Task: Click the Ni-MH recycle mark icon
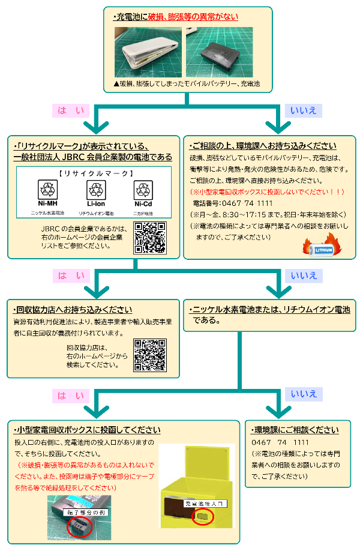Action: click(47, 191)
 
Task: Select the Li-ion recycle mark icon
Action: click(96, 191)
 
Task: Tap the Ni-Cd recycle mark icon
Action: click(143, 191)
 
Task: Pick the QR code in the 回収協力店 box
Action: click(149, 355)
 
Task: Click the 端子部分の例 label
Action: click(84, 513)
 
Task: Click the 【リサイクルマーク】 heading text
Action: click(96, 174)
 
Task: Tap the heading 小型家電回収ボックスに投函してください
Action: click(87, 430)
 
